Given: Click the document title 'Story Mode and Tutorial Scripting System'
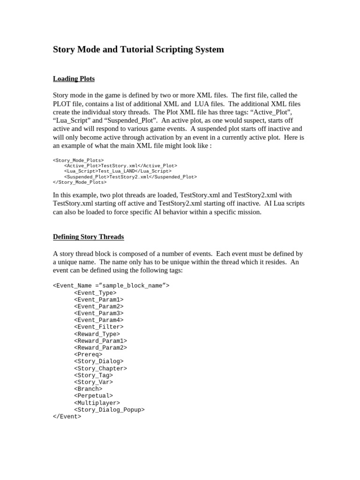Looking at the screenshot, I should point(138,50).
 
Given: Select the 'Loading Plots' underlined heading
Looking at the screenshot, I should point(74,79).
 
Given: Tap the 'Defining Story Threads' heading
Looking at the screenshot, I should point(88,237).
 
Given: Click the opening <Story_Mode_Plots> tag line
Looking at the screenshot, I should point(78,160).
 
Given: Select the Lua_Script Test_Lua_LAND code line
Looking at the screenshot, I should point(118,171).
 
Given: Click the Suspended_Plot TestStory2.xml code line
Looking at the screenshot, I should point(130,177).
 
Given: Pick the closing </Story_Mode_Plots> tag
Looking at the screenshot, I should point(80,182).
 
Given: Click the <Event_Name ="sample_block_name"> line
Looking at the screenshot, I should point(111,285).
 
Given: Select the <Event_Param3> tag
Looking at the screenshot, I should point(98,313).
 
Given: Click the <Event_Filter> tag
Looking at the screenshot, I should point(98,327).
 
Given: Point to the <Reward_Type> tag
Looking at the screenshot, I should point(97,334).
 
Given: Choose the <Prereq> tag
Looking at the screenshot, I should point(88,354).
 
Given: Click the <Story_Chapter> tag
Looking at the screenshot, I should point(100,368).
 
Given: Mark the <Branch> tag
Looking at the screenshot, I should point(88,389).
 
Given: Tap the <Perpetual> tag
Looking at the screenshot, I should point(93,396).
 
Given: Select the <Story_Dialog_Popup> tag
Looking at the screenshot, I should point(109,410).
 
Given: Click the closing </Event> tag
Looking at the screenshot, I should point(67,416).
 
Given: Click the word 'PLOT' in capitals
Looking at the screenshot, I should point(63,104).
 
